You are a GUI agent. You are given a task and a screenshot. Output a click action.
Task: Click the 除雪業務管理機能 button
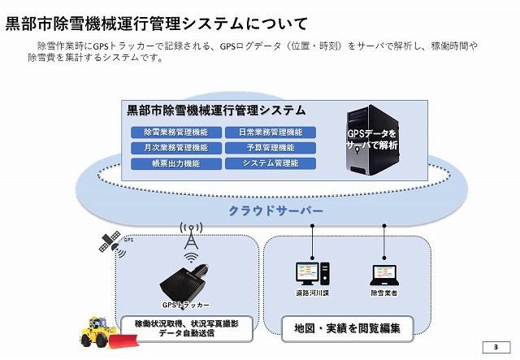175,132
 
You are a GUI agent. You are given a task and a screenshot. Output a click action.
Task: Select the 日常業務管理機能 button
271,132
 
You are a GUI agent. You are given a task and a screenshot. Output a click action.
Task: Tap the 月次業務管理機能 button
175,148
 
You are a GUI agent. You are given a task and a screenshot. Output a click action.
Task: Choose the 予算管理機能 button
271,148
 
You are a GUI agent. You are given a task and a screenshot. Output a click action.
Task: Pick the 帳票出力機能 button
175,163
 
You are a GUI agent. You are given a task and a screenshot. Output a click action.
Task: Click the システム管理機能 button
271,163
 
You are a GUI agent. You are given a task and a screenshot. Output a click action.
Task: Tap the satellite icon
109,242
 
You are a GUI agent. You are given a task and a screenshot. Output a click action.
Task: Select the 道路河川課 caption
313,293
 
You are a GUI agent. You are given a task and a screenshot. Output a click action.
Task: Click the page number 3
494,347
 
